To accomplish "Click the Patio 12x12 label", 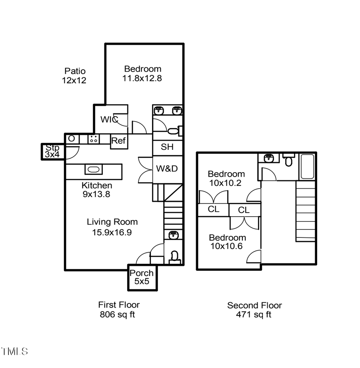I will [74, 76].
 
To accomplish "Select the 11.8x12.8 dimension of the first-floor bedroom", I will [142, 78].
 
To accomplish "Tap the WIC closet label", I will [109, 119].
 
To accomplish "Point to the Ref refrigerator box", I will [119, 141].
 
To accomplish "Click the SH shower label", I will [167, 147].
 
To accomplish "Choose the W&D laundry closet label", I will [167, 169].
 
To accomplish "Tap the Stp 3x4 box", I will [52, 151].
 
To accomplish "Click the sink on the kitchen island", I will [93, 169].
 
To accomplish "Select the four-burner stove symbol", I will [94, 139].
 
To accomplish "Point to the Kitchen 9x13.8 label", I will [96, 190].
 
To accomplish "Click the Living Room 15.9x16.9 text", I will [112, 227].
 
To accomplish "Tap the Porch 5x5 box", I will [142, 277].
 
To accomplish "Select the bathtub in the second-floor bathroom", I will [307, 167].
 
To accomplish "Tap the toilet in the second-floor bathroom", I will [288, 160].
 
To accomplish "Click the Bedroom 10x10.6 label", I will [227, 242].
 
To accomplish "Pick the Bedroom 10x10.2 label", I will [226, 178].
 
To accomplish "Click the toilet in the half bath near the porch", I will [174, 256].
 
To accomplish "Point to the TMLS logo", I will [15, 352].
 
